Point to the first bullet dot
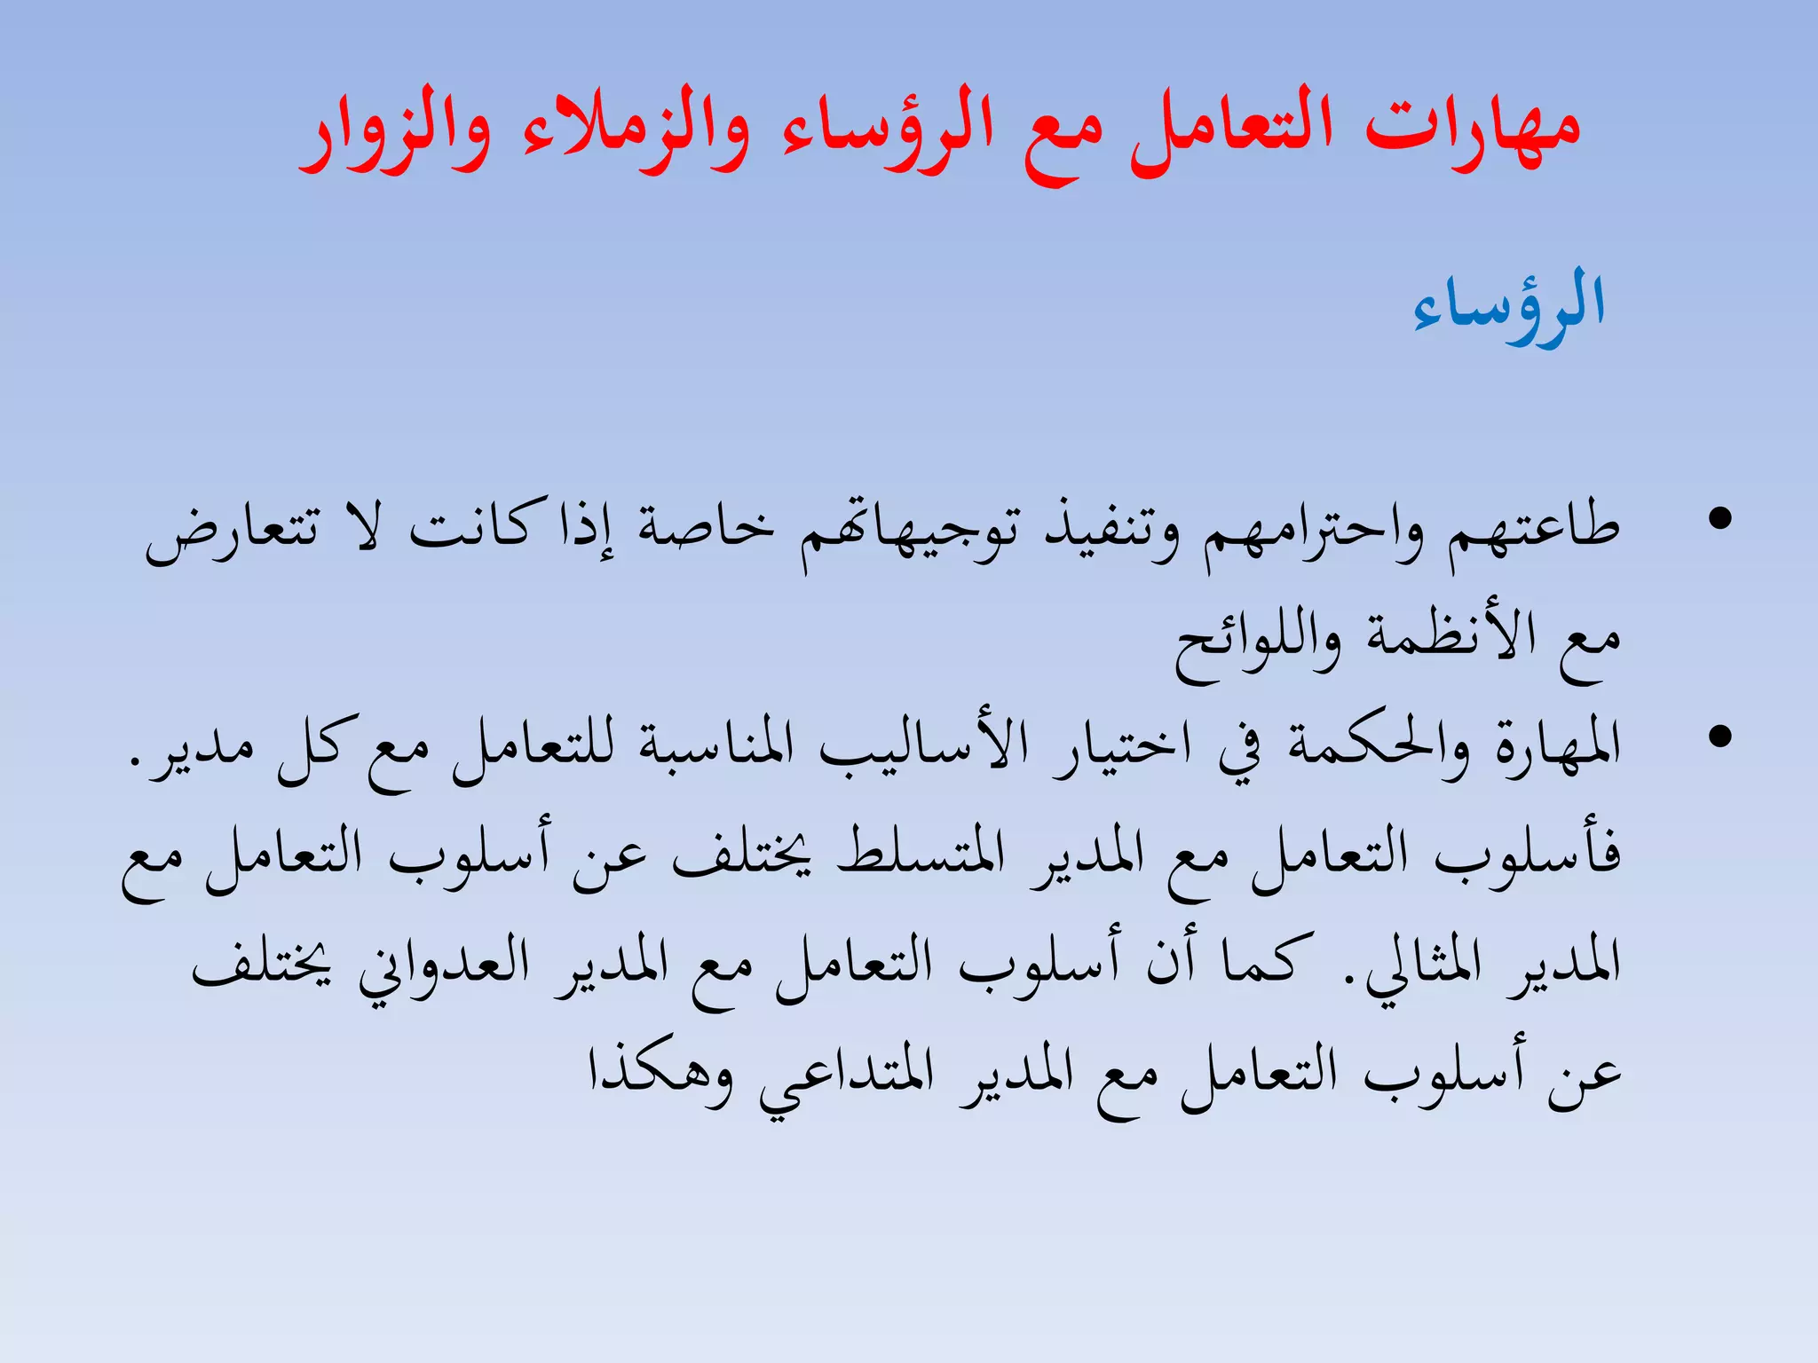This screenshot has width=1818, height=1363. tap(1720, 519)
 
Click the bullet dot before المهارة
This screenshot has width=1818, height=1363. tap(1720, 737)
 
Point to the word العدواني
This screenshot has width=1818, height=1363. tap(444, 967)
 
